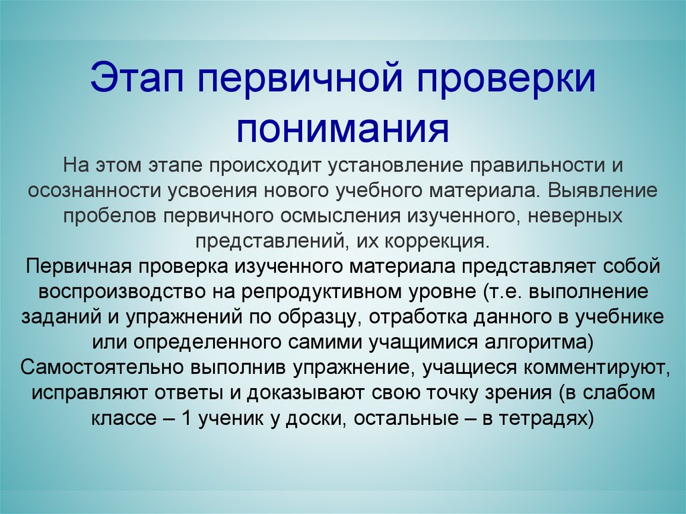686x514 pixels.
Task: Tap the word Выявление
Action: [x=604, y=190]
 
